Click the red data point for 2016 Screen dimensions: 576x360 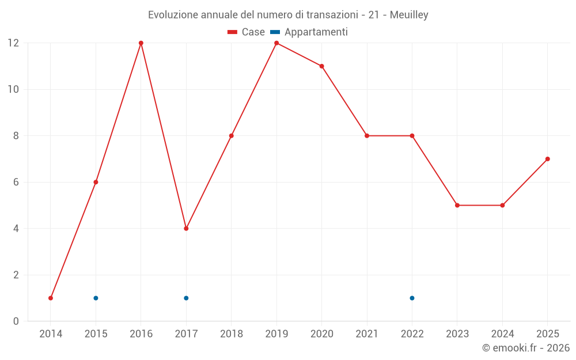tap(141, 43)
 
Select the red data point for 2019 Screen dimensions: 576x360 tap(276, 43)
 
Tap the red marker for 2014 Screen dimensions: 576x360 tap(51, 298)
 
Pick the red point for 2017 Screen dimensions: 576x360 tap(186, 229)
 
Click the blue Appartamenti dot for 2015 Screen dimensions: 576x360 tap(96, 298)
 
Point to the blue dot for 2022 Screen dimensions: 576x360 tap(412, 298)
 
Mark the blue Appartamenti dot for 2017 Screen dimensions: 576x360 tap(186, 298)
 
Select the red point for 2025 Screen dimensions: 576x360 tap(548, 159)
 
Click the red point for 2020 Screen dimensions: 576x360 tap(322, 66)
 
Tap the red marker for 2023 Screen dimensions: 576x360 tap(457, 206)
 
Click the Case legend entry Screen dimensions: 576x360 tap(246, 32)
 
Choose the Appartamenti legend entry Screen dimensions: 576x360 tap(309, 32)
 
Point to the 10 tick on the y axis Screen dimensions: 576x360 tap(13, 89)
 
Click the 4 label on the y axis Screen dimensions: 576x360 tap(16, 229)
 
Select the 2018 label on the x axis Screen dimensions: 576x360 tap(232, 334)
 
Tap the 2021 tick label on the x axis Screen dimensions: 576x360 tap(367, 334)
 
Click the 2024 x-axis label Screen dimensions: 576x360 tap(502, 334)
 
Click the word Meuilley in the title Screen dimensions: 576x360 tap(409, 15)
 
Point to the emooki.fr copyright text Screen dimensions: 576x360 tap(526, 347)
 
